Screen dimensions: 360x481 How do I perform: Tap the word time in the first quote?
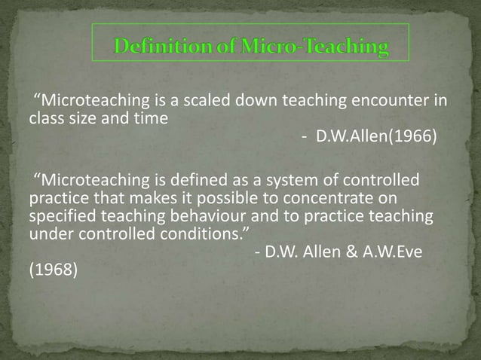point(150,117)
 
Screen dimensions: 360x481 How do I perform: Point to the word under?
point(47,233)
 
